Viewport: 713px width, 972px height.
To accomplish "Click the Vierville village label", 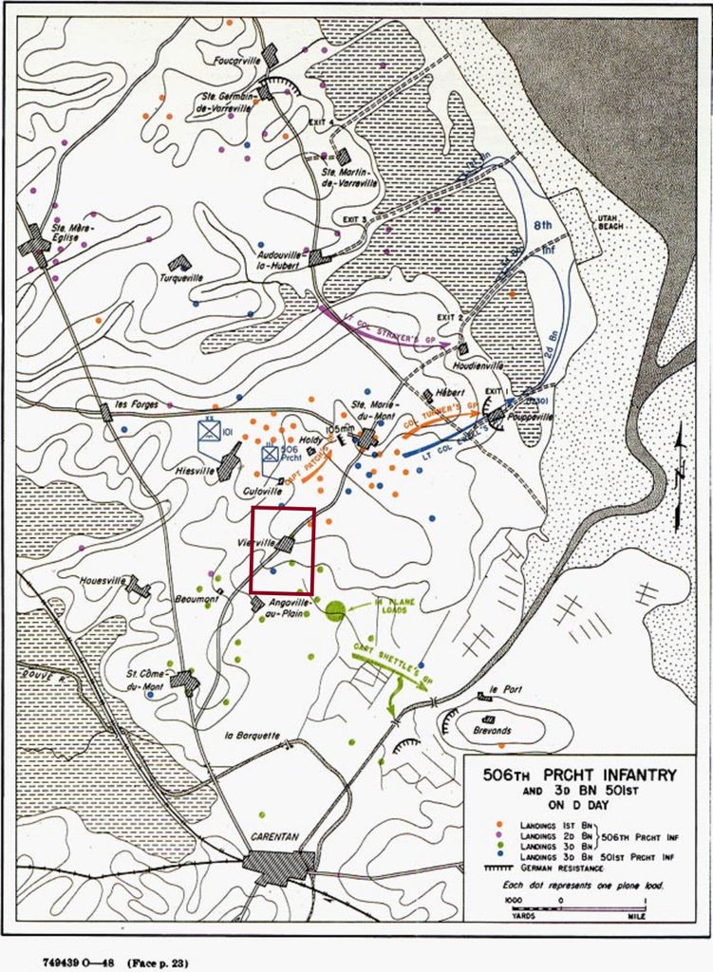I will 257,543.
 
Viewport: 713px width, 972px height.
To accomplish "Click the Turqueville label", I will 182,277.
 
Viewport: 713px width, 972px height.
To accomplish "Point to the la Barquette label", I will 253,735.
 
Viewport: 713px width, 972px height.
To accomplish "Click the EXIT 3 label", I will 350,219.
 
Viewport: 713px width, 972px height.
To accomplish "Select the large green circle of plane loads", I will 333,610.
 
